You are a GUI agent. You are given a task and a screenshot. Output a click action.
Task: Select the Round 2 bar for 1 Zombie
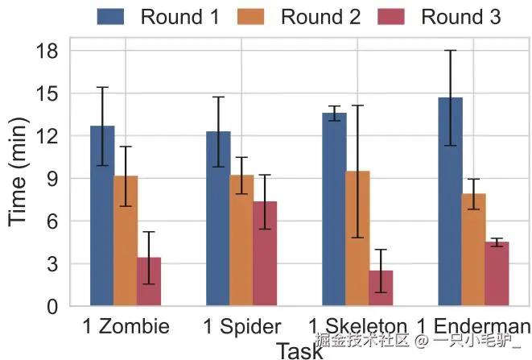(x=126, y=241)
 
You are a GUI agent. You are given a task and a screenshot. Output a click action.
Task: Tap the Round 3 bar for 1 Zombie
(x=149, y=282)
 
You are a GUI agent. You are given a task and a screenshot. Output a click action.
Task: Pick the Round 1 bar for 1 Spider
(x=218, y=218)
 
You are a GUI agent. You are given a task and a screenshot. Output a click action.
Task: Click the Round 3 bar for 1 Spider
(x=265, y=254)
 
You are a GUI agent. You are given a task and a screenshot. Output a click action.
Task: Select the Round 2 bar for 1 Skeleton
(x=357, y=238)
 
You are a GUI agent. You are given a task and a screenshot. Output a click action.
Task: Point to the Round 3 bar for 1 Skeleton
(x=381, y=288)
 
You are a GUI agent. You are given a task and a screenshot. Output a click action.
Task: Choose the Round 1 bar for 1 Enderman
(x=451, y=201)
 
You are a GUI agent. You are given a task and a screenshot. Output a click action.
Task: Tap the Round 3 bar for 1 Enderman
(x=497, y=274)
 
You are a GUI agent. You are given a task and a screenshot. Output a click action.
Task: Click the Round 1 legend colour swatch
(x=111, y=16)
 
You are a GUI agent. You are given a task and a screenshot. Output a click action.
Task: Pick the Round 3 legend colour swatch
(x=392, y=16)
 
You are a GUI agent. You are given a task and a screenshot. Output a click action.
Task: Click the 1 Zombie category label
(x=127, y=326)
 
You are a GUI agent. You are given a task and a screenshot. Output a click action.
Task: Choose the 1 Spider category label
(x=241, y=326)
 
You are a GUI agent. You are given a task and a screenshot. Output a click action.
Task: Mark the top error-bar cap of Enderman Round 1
(x=451, y=51)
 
